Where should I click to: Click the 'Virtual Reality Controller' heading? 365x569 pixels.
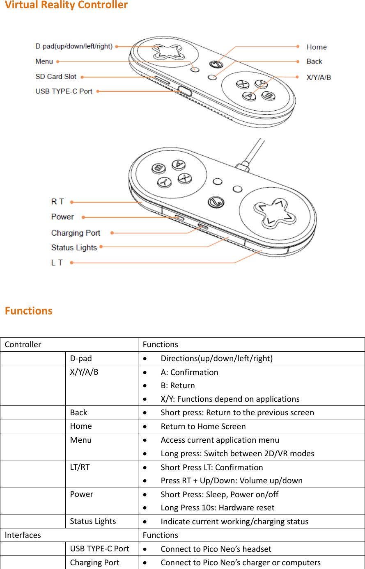66,5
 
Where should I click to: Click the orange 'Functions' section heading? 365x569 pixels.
29,311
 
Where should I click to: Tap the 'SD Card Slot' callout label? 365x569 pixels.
56,77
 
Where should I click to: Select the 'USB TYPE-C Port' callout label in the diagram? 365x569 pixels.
64,91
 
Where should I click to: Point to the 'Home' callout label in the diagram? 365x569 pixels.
317,47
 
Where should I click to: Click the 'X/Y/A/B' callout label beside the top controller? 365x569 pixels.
319,77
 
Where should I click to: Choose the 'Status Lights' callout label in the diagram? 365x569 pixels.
74,248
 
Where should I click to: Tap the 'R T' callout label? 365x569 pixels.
57,202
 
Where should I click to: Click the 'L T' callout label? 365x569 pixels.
57,262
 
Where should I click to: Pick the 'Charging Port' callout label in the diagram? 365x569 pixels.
76,233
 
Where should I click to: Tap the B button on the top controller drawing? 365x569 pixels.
269,95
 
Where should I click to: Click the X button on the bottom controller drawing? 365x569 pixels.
185,178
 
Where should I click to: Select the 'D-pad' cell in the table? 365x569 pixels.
81,358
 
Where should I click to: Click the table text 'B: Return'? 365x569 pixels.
178,385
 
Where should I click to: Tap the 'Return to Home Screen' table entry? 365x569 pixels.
203,426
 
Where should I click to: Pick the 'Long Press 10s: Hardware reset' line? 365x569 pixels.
218,508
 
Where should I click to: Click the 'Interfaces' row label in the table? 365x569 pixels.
23,535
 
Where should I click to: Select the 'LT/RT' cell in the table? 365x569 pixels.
80,467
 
